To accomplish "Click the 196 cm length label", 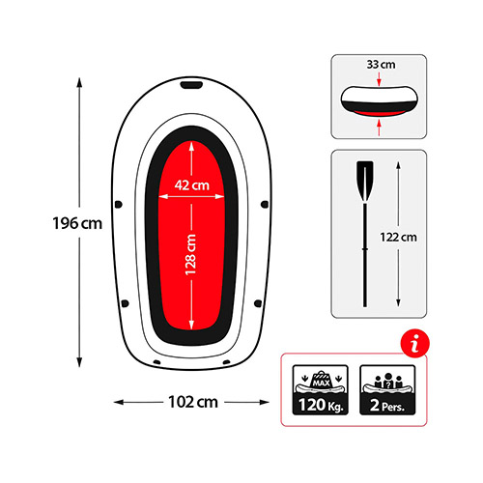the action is coord(77,223).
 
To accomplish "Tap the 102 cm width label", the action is coord(193,402).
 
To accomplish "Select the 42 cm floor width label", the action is coord(192,185).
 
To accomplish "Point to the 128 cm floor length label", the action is coord(190,254).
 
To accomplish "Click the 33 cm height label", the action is coord(381,65).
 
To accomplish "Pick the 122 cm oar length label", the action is coord(398,238).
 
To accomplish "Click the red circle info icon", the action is coord(415,343).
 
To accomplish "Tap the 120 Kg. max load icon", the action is coord(321,389).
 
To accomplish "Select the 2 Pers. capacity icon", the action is coord(387,389).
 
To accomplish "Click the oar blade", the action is coord(365,182).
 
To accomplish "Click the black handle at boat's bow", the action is coord(191,85).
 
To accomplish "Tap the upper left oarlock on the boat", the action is coord(119,204).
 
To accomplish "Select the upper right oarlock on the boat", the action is coord(265,204).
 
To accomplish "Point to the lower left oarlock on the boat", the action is coord(125,303).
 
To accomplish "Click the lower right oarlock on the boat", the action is coord(258,303).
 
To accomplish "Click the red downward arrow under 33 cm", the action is coord(379,79).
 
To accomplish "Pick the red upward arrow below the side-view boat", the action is coord(379,128).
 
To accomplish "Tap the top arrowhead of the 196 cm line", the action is coord(79,82).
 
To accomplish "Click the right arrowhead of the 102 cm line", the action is coord(265,402).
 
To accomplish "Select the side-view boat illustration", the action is coord(379,101).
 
